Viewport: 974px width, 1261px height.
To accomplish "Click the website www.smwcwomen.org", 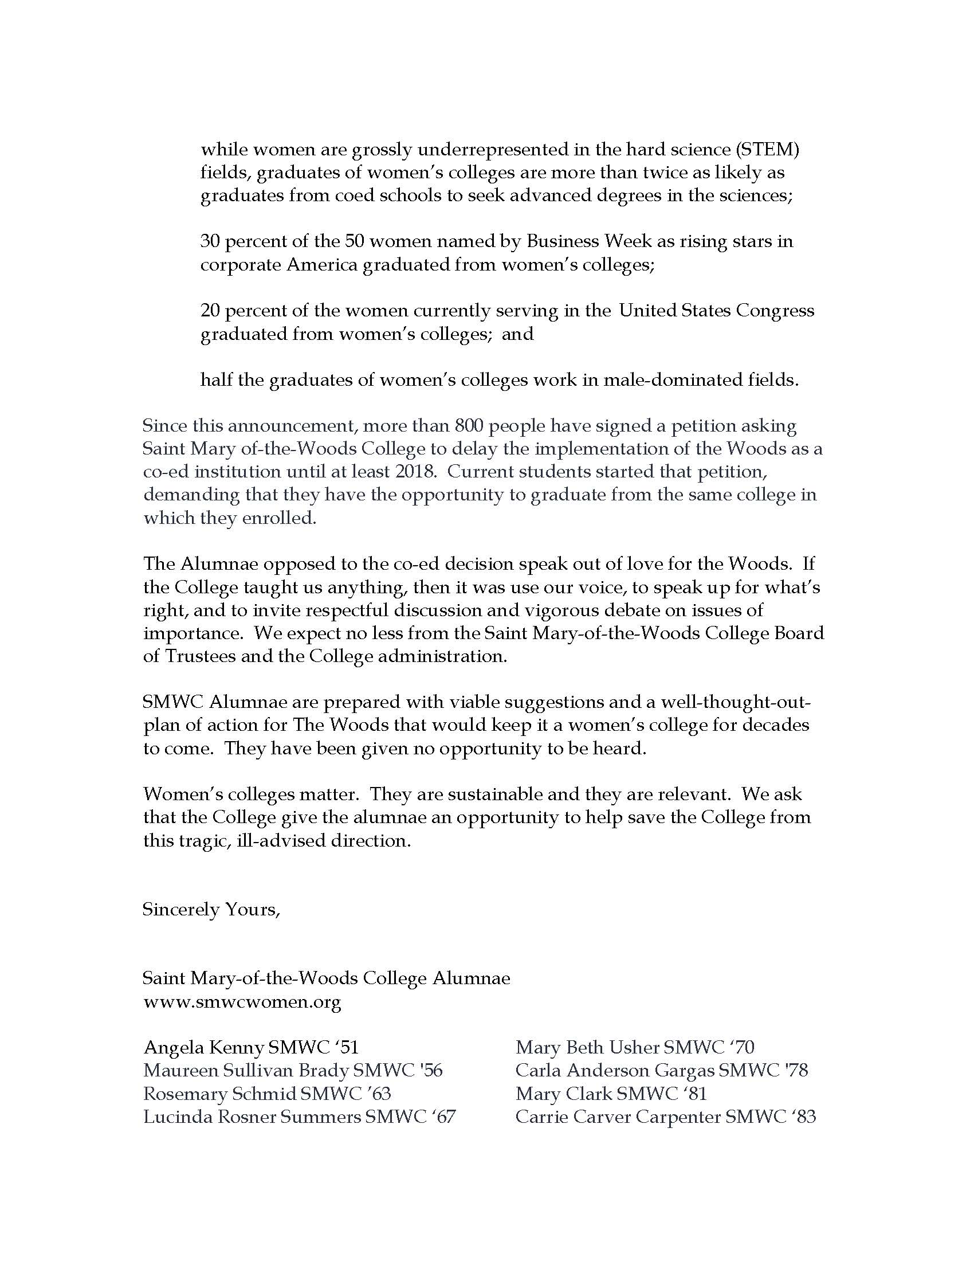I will click(242, 1001).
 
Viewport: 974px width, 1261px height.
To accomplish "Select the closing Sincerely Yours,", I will click(211, 910).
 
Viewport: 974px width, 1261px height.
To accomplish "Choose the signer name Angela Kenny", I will click(204, 1047).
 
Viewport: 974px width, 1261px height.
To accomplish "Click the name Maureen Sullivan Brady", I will click(246, 1071).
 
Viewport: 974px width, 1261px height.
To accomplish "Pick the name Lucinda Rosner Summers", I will click(252, 1117).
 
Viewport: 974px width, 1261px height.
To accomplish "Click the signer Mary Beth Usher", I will click(587, 1047).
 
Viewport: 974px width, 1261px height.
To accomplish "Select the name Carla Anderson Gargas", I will click(615, 1071).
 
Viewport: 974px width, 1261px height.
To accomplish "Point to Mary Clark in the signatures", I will click(563, 1094).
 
